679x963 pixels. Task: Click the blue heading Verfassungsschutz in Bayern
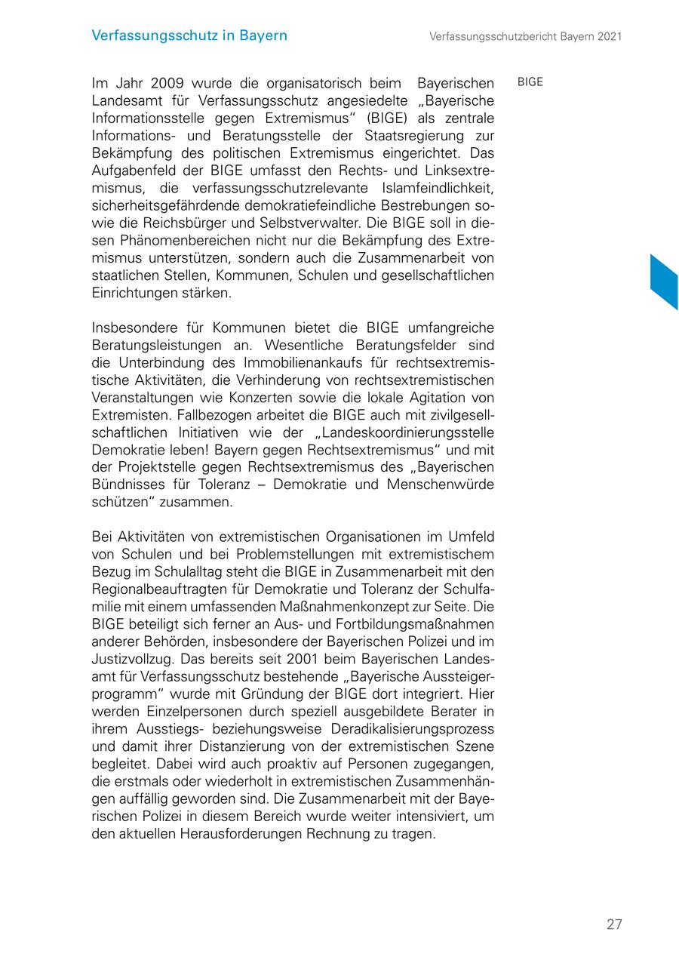(x=189, y=35)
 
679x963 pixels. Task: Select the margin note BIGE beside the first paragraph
(x=530, y=82)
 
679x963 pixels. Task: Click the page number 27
(x=614, y=925)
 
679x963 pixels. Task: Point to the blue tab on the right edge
(x=664, y=282)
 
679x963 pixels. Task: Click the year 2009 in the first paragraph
(x=167, y=83)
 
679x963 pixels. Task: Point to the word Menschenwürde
(x=441, y=485)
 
